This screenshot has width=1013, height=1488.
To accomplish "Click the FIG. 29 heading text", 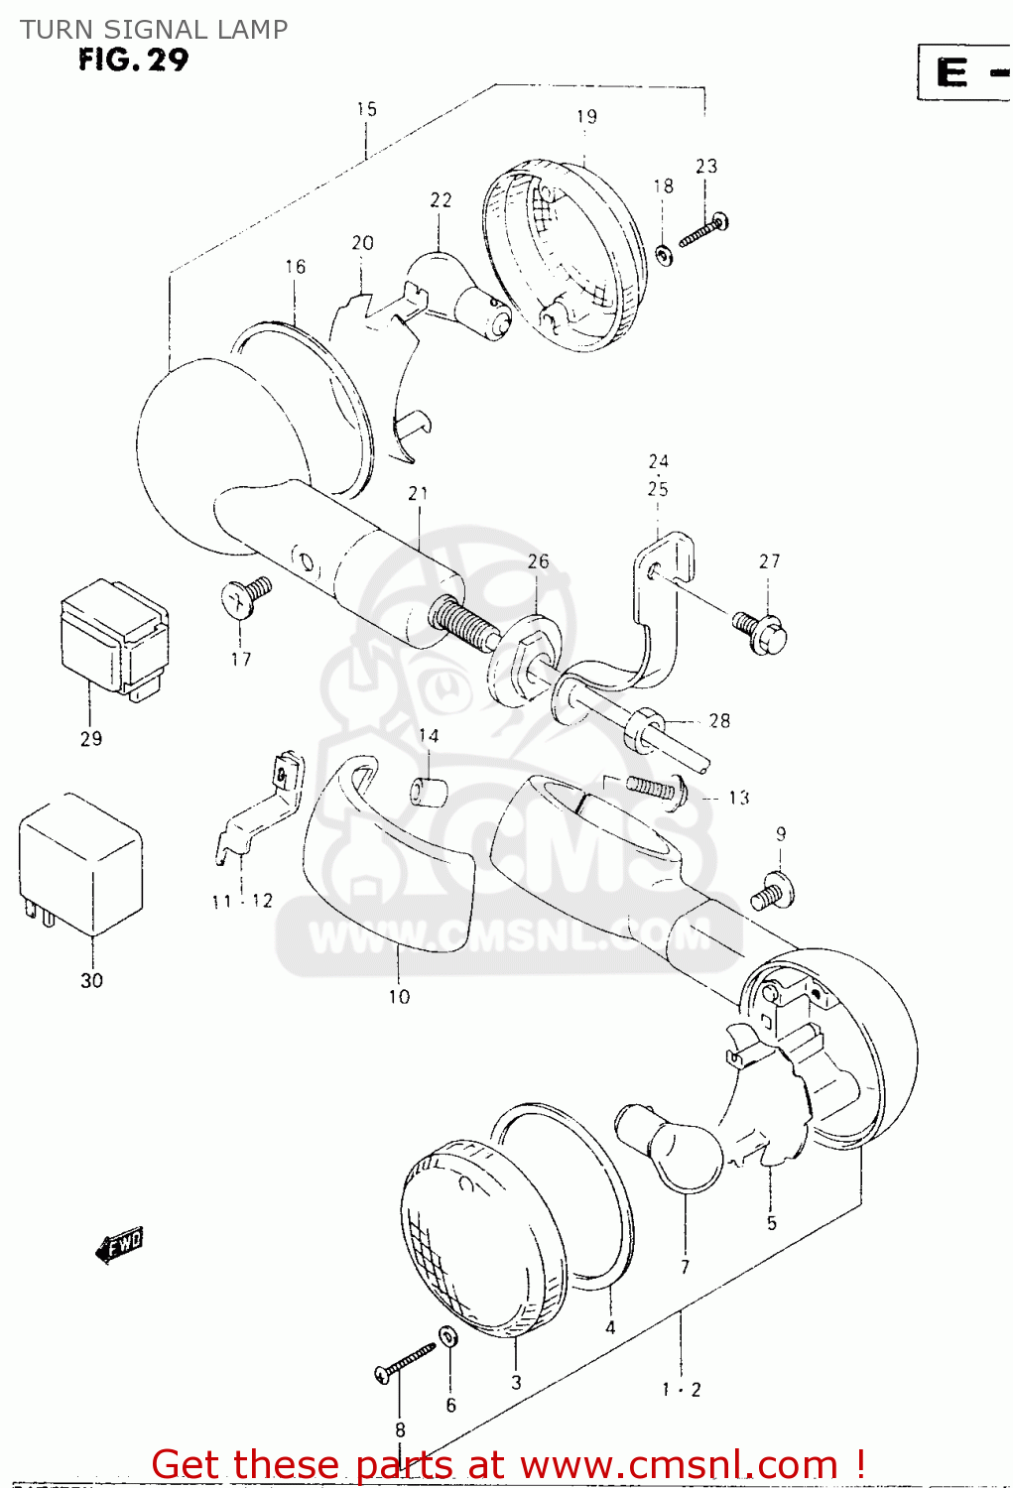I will click(x=133, y=61).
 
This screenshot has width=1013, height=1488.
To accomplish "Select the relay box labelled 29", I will click(x=113, y=638).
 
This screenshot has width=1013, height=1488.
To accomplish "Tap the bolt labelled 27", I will click(x=760, y=632).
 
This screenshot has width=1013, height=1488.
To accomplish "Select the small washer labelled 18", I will click(x=664, y=255).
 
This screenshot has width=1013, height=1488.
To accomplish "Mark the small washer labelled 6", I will click(x=448, y=1338).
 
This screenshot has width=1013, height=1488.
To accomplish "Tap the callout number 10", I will click(x=399, y=996).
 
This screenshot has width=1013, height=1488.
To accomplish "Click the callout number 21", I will click(x=418, y=493).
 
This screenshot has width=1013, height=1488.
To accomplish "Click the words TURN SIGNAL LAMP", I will click(x=154, y=29).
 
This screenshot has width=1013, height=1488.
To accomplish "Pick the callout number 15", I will click(x=367, y=109).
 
